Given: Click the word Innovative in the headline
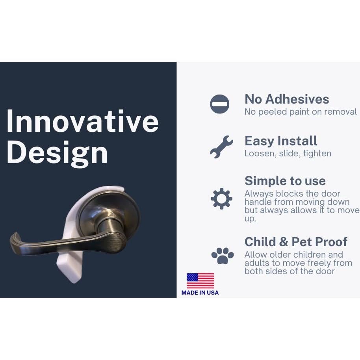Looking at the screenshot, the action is tap(83, 121).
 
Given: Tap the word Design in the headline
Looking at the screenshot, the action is tap(57, 153).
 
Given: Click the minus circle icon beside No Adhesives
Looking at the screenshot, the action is tap(219, 104).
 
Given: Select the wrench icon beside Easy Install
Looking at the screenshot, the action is tap(222, 147).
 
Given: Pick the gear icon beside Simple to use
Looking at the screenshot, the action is tap(222, 199).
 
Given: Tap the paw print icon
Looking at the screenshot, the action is tap(223, 256).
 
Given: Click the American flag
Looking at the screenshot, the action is tap(200, 280).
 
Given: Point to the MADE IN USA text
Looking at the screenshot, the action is tap(200, 293).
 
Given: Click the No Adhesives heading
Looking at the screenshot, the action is tap(287, 99).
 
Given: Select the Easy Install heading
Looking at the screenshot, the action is tap(281, 141).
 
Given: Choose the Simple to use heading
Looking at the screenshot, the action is tap(285, 181).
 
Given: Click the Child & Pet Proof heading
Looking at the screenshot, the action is tap(296, 242).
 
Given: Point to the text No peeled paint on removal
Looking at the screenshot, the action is tap(301, 112).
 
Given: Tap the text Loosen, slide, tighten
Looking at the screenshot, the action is tap(288, 153).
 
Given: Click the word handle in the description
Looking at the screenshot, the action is tap(258, 202).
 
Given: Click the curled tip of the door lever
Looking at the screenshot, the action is tap(14, 239).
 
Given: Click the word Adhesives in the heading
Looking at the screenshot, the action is tap(297, 99).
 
